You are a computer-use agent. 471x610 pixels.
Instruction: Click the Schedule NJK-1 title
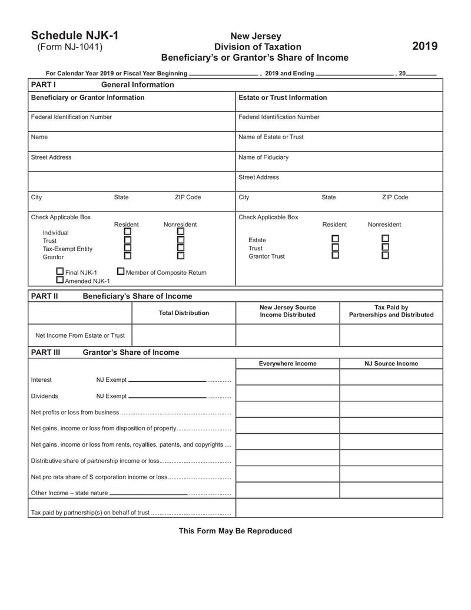coord(75,35)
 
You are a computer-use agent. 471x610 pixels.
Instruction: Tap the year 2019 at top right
coord(424,46)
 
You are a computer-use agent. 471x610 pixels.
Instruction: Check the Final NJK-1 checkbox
coord(59,272)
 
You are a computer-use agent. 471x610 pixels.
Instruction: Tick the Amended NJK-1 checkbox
coord(59,280)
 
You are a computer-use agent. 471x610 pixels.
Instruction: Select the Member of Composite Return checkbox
coord(121,272)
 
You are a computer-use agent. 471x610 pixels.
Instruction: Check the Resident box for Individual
coord(127,232)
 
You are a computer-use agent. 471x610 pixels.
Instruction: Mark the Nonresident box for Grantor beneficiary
coord(180,256)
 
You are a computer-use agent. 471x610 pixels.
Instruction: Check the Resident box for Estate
coord(335,239)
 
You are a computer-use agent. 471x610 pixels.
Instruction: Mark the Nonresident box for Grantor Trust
coord(385,255)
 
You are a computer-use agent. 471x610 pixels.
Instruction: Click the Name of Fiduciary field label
coord(263,157)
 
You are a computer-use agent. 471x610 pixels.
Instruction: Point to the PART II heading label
coord(44,296)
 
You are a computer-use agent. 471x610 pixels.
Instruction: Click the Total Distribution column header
coord(184,313)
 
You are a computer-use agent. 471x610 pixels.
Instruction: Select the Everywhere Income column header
coord(287,364)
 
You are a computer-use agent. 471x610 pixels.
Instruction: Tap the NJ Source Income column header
coord(391,364)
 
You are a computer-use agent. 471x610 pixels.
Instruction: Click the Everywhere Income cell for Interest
coord(287,377)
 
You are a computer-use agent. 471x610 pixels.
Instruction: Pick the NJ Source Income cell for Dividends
coord(391,393)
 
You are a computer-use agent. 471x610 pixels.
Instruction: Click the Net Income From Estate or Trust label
coord(80,335)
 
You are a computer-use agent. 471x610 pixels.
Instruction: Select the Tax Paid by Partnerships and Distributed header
coord(391,311)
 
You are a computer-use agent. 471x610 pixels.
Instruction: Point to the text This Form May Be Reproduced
coord(235,531)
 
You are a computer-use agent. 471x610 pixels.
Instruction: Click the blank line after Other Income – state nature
coord(148,493)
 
